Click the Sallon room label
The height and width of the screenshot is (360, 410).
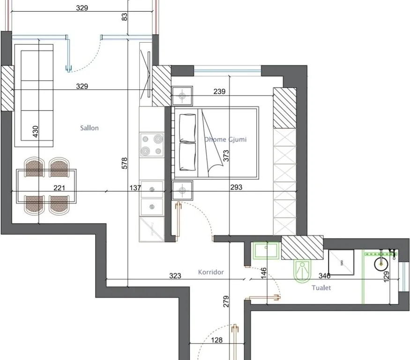pyautogui.click(x=89, y=128)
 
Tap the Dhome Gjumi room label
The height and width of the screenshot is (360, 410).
pyautogui.click(x=225, y=139)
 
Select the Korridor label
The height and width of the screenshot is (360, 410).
pyautogui.click(x=211, y=272)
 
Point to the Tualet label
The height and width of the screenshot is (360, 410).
pyautogui.click(x=321, y=288)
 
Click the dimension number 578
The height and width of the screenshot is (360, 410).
pyautogui.click(x=125, y=163)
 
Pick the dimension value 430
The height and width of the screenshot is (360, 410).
pyautogui.click(x=36, y=131)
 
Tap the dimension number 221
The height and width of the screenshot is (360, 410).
pyautogui.click(x=60, y=188)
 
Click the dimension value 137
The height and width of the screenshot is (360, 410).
pyautogui.click(x=135, y=188)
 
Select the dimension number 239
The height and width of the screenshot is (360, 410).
pyautogui.click(x=219, y=91)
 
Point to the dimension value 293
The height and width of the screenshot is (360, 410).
pyautogui.click(x=236, y=187)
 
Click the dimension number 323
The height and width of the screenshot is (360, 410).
pyautogui.click(x=175, y=276)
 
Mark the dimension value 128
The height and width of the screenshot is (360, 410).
pyautogui.click(x=217, y=340)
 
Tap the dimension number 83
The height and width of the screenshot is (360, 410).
pyautogui.click(x=125, y=17)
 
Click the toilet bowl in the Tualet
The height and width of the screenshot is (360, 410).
pyautogui.click(x=303, y=271)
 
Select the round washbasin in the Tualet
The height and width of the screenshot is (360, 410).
pyautogui.click(x=381, y=264)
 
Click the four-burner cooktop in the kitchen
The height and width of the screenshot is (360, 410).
pyautogui.click(x=152, y=145)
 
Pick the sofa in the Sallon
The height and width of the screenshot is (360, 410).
pyautogui.click(x=34, y=96)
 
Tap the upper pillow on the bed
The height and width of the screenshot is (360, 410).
pyautogui.click(x=187, y=128)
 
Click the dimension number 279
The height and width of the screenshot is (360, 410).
pyautogui.click(x=226, y=301)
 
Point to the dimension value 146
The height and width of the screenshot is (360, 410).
pyautogui.click(x=263, y=273)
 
